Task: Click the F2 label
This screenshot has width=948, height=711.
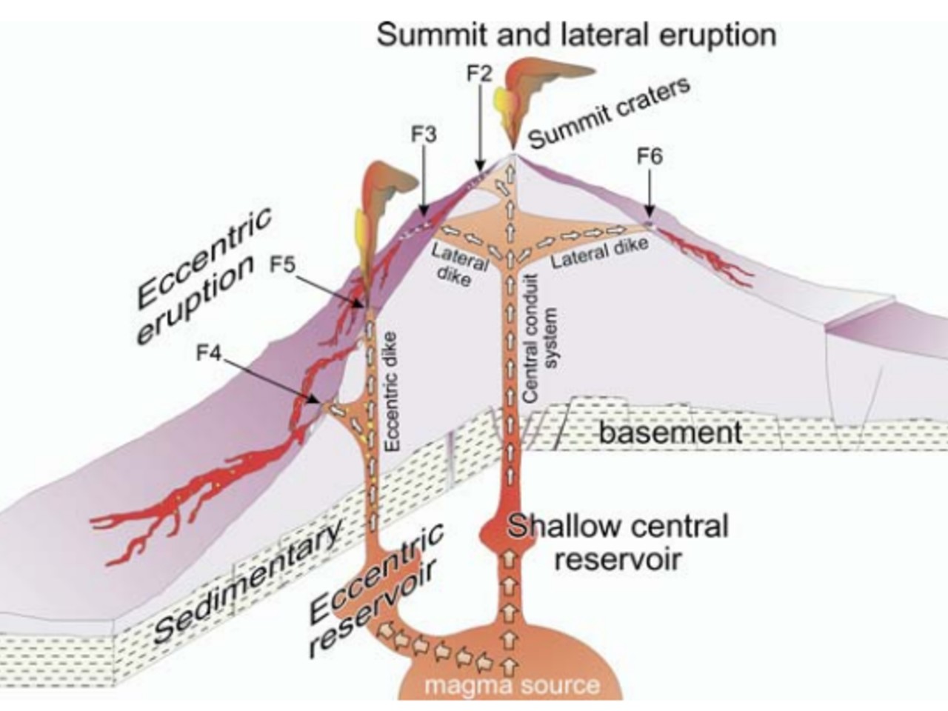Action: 479,73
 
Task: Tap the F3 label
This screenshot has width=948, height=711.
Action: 424,135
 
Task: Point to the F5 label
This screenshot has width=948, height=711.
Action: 284,264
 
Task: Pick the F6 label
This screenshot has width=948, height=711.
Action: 650,157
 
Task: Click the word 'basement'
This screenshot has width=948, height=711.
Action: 670,432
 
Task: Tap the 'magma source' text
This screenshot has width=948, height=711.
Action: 511,685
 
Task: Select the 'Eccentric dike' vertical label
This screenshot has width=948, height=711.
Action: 393,391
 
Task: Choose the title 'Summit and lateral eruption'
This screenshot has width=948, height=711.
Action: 576,35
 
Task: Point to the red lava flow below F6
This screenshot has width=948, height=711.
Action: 704,259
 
